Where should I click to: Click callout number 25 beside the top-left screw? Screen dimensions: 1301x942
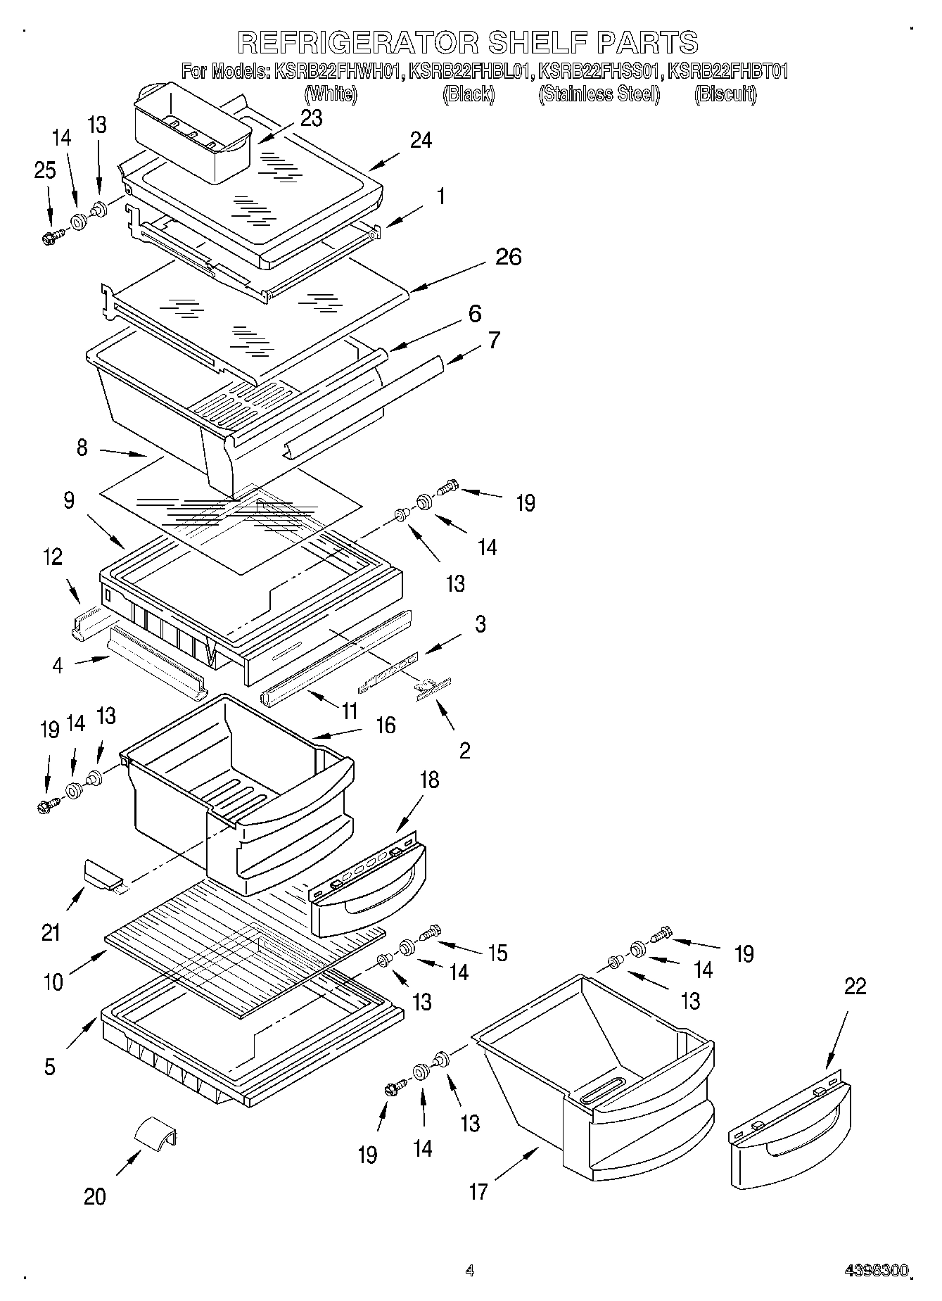tap(45, 171)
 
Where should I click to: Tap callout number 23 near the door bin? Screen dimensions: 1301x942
tap(311, 118)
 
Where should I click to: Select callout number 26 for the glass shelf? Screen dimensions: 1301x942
tap(508, 257)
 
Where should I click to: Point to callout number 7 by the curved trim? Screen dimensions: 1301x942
tap(494, 341)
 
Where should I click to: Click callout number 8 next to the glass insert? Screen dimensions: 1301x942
tap(82, 448)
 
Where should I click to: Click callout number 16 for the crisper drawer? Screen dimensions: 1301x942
tap(386, 725)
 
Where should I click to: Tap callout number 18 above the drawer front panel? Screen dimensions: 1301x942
tap(429, 780)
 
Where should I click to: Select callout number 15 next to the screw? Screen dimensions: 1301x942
tap(497, 953)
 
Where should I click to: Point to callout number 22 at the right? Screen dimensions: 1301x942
tap(855, 986)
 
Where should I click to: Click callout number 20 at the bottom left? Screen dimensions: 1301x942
tap(95, 1196)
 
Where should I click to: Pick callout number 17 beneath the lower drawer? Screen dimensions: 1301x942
tap(478, 1192)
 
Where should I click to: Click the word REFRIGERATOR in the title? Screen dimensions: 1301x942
tap(358, 42)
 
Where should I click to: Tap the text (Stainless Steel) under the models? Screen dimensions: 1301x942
tap(599, 95)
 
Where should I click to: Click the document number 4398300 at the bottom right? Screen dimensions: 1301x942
tap(876, 1271)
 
